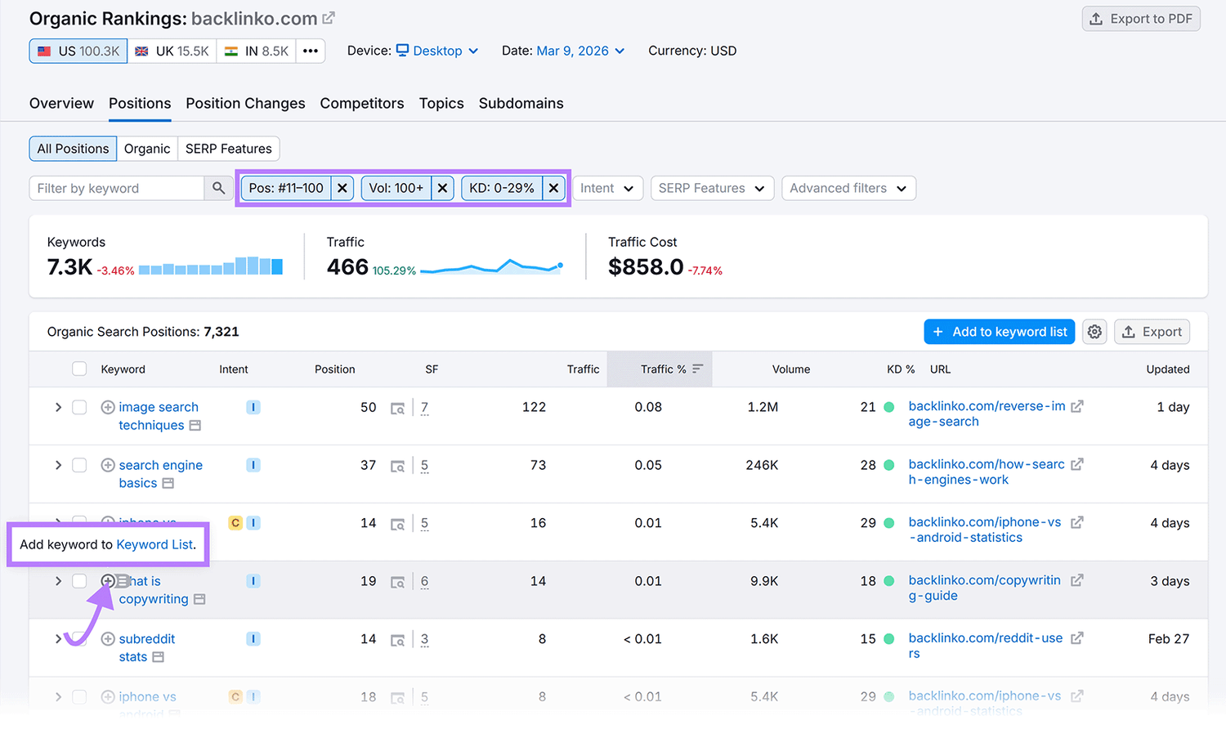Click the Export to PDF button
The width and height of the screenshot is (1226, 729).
pyautogui.click(x=1141, y=19)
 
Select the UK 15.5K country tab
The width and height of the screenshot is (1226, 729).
pyautogui.click(x=172, y=51)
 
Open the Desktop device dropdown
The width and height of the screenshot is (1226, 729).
pyautogui.click(x=437, y=51)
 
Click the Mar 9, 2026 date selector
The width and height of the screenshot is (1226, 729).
pyautogui.click(x=580, y=51)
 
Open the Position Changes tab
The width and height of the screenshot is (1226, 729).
pyautogui.click(x=245, y=104)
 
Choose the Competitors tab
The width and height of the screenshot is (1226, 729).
pyautogui.click(x=362, y=104)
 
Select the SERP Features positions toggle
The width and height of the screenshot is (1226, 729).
pyautogui.click(x=228, y=149)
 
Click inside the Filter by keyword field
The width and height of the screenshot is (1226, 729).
pyautogui.click(x=116, y=189)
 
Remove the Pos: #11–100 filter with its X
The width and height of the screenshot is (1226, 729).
pyautogui.click(x=342, y=189)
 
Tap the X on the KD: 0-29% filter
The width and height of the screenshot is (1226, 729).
pyautogui.click(x=553, y=189)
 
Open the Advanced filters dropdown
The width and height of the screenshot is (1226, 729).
pyautogui.click(x=848, y=189)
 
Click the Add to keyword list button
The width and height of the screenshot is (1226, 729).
pyautogui.click(x=999, y=332)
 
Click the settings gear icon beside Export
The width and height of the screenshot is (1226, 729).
pyautogui.click(x=1094, y=332)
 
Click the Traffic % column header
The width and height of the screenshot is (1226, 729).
pyautogui.click(x=663, y=369)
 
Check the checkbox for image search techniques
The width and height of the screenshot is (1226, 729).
pyautogui.click(x=79, y=407)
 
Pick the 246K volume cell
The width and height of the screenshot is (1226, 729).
pyautogui.click(x=762, y=465)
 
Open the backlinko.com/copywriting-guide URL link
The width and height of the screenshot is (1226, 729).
pyautogui.click(x=984, y=588)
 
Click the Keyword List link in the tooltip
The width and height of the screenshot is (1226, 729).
pyautogui.click(x=154, y=544)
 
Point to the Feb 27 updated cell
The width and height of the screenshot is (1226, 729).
pyautogui.click(x=1168, y=639)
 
